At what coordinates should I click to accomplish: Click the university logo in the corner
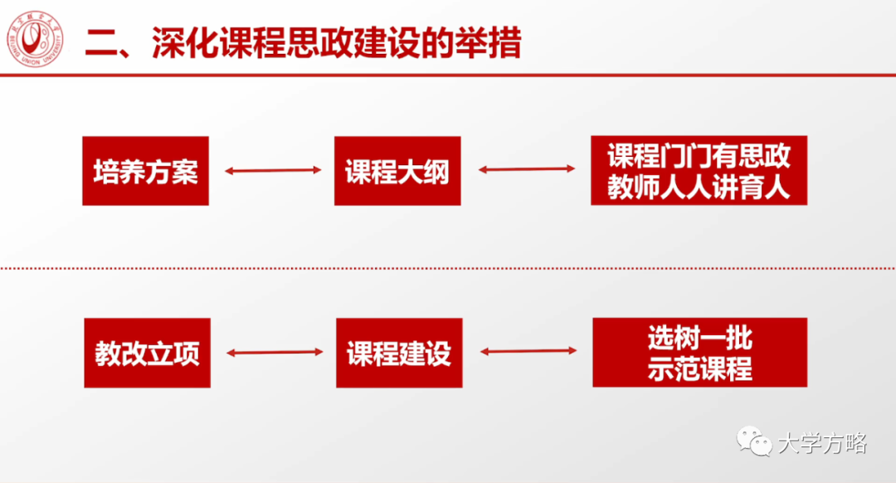pyautogui.click(x=36, y=42)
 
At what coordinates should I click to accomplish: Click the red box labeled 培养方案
pyautogui.click(x=145, y=171)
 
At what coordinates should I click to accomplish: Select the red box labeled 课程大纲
pyautogui.click(x=397, y=171)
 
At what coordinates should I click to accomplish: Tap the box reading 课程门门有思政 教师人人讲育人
pyautogui.click(x=699, y=171)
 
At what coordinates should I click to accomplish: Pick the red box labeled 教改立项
pyautogui.click(x=147, y=353)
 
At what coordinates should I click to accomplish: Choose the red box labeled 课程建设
pyautogui.click(x=399, y=353)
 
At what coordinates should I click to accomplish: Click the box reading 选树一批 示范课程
pyautogui.click(x=699, y=353)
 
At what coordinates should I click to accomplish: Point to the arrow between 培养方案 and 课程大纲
pyautogui.click(x=273, y=171)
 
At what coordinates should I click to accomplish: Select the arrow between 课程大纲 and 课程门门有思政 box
pyautogui.click(x=527, y=170)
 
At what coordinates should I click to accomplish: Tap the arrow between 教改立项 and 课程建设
pyautogui.click(x=274, y=353)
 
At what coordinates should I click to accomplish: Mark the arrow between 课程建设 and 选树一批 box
pyautogui.click(x=528, y=352)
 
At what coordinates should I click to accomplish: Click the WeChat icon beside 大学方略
pyautogui.click(x=755, y=442)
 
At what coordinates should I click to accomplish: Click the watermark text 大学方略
pyautogui.click(x=822, y=443)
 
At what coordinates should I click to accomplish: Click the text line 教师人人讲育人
pyautogui.click(x=699, y=188)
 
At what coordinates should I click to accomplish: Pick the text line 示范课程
pyautogui.click(x=699, y=368)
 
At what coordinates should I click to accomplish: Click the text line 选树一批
pyautogui.click(x=699, y=338)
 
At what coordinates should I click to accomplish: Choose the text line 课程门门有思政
pyautogui.click(x=699, y=155)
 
